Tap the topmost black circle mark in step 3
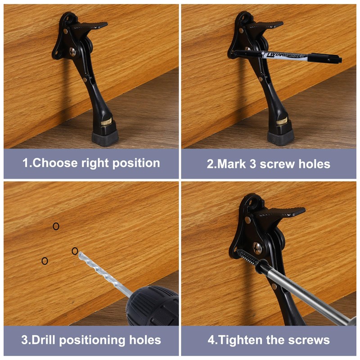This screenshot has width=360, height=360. [x=56, y=226]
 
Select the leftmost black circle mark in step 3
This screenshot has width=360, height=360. [x=45, y=261]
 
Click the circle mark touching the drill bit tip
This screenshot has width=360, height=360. [x=75, y=251]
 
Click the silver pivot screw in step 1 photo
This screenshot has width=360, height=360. [x=73, y=52]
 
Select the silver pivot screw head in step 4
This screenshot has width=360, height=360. [x=258, y=247]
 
